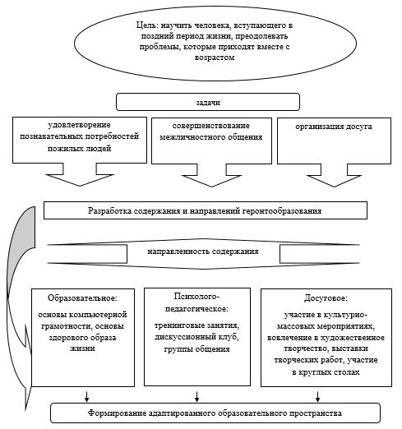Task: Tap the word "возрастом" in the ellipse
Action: pyautogui.click(x=215, y=58)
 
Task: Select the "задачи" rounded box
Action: pyautogui.click(x=208, y=102)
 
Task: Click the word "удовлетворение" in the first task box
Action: pyautogui.click(x=80, y=125)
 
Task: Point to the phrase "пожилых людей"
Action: pyautogui.click(x=80, y=149)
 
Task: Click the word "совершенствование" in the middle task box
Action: pyautogui.click(x=211, y=126)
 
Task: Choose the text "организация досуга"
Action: pyautogui.click(x=334, y=127)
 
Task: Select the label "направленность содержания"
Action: pyautogui.click(x=203, y=251)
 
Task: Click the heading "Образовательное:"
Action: pyautogui.click(x=82, y=298)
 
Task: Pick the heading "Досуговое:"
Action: pyautogui.click(x=326, y=298)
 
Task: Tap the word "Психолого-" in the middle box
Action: pyautogui.click(x=196, y=297)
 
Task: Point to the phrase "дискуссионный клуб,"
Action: pyautogui.click(x=196, y=337)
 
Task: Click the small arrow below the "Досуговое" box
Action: pyautogui.click(x=317, y=396)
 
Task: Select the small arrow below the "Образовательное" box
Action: pyautogui.click(x=86, y=396)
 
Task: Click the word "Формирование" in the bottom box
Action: pyautogui.click(x=117, y=413)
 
